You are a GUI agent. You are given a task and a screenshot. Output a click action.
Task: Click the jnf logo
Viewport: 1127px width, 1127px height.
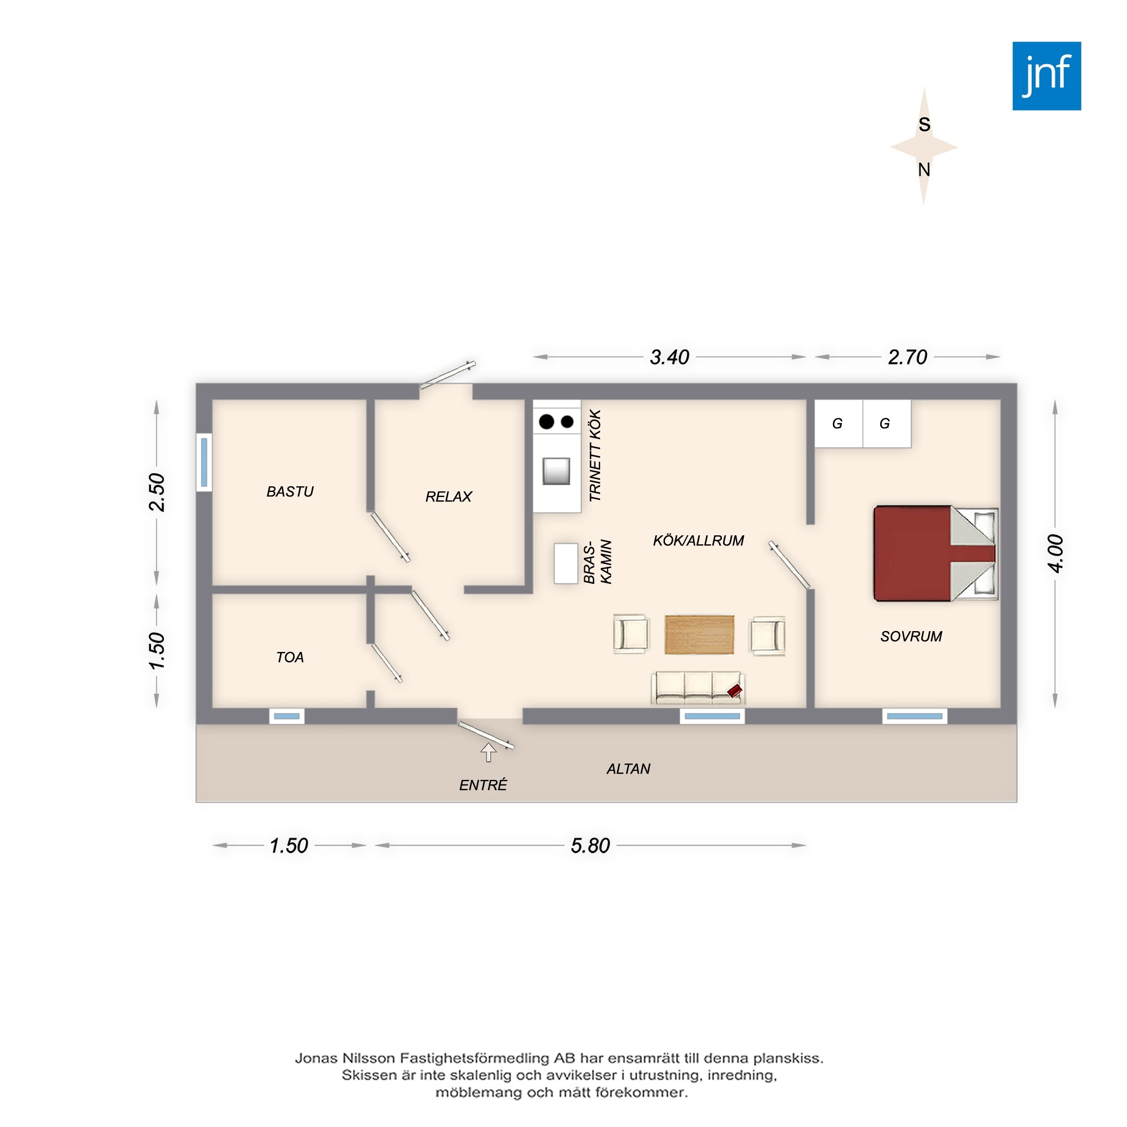(x=1046, y=76)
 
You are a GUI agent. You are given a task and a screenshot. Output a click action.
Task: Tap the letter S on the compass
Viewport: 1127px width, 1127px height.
(x=924, y=124)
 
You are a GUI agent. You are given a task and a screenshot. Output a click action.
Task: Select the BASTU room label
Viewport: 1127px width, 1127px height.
(x=290, y=492)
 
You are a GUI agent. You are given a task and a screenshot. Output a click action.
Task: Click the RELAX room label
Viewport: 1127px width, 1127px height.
(x=449, y=496)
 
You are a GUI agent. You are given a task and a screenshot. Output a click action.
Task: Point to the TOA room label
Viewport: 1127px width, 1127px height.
(x=290, y=658)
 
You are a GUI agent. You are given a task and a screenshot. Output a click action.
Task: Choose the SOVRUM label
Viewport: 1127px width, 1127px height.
(x=911, y=636)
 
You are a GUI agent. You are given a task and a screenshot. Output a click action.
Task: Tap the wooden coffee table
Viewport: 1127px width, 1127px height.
(x=699, y=634)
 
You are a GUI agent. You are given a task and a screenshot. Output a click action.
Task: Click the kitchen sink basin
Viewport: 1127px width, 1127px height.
(x=556, y=471)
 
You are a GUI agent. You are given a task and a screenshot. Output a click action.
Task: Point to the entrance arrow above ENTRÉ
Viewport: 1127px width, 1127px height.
(x=488, y=752)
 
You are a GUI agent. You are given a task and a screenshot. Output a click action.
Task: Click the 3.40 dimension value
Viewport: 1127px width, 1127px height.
(x=669, y=357)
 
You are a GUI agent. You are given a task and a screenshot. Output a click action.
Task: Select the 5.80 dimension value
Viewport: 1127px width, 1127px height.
(x=591, y=845)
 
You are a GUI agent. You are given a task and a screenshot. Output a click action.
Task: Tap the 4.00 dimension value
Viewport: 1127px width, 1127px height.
(x=1055, y=553)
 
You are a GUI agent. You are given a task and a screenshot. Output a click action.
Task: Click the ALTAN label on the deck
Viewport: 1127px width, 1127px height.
(x=628, y=769)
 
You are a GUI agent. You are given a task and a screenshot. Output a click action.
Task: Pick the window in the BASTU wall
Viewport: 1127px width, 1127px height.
(x=204, y=463)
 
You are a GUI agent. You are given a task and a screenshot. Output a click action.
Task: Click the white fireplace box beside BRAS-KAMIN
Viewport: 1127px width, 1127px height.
(x=566, y=563)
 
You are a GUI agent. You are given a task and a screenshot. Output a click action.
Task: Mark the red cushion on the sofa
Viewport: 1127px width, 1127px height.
(x=735, y=691)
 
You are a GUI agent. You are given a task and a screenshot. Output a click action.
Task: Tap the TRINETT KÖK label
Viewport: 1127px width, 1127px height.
(x=594, y=455)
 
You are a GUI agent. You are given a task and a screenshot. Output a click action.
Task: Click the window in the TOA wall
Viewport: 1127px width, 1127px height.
(x=286, y=716)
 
